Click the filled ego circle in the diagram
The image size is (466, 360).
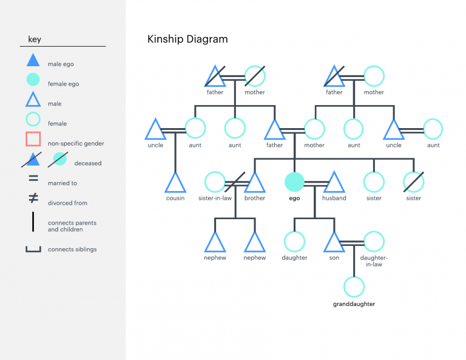click(x=294, y=182)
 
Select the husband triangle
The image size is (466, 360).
click(x=334, y=183)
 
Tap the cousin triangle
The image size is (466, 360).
click(x=175, y=183)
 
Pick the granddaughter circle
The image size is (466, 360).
click(x=354, y=287)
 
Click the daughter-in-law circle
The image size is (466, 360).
click(x=374, y=242)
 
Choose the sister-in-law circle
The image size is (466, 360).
click(x=215, y=182)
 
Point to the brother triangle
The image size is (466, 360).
click(x=255, y=183)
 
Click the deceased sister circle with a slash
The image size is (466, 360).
click(x=414, y=182)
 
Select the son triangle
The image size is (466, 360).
click(x=334, y=242)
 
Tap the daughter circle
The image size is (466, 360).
click(x=294, y=242)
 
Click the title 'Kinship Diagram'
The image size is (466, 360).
click(x=187, y=39)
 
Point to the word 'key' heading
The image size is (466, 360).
click(x=35, y=40)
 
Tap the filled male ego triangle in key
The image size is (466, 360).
click(x=33, y=61)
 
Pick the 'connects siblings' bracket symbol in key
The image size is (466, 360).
click(x=33, y=248)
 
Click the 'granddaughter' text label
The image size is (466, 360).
click(x=354, y=304)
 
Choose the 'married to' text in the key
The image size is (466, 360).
click(x=62, y=183)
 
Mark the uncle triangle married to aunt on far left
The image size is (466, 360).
click(x=155, y=129)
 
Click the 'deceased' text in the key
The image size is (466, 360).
click(x=88, y=163)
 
